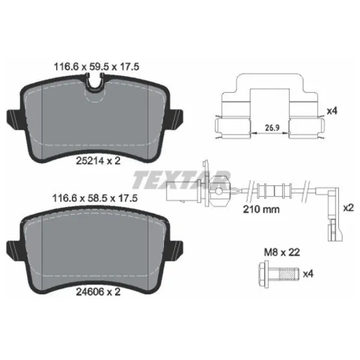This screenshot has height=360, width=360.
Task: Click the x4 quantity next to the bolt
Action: point(310,275)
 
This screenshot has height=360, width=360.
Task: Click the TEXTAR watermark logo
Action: point(180,179)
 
